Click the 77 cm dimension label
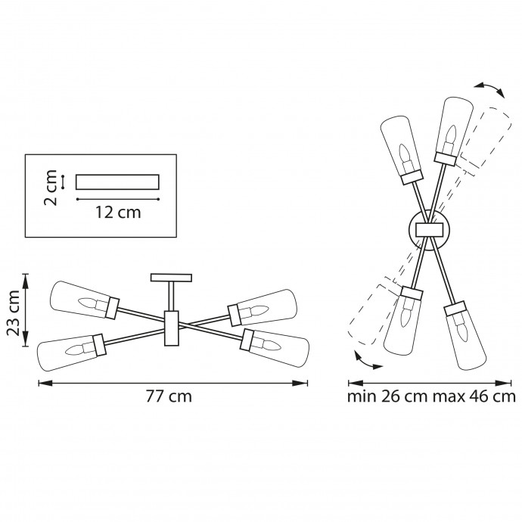(169, 397)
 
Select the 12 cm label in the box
(118, 213)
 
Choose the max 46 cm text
(474, 396)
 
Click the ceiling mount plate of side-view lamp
(172, 277)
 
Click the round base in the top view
(429, 230)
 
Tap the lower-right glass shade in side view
(276, 344)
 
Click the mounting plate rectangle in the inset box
(118, 182)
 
